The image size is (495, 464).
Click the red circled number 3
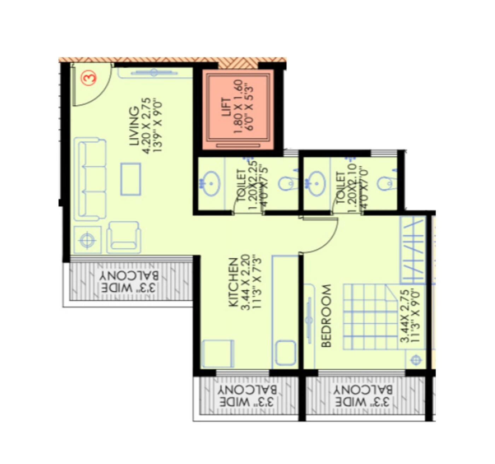pos(88,78)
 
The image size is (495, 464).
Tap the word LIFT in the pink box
pos(226,108)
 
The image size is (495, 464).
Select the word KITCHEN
pos(233,282)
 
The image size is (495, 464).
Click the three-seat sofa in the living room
pos(90,180)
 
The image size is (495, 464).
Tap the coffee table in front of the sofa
pos(130,179)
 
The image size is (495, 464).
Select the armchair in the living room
pos(124,236)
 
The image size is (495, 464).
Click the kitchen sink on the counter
pos(285,353)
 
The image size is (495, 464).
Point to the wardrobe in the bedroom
pos(413,250)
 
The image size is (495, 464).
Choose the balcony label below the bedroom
pos(362,396)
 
